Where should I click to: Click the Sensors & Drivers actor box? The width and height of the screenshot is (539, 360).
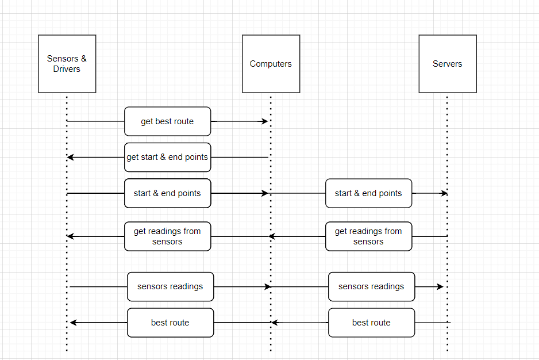[x=67, y=64]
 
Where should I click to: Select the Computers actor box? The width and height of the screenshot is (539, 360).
[x=271, y=64]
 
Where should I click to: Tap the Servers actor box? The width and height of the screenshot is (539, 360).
[x=447, y=64]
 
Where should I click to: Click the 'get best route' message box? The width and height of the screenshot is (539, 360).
[x=167, y=121]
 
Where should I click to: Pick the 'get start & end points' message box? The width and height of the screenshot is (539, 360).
[x=167, y=157]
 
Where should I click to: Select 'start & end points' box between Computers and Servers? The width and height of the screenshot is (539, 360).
[x=368, y=193]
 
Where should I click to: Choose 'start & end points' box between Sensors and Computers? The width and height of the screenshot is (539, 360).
[x=167, y=193]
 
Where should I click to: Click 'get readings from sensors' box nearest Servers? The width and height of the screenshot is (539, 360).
[x=368, y=236]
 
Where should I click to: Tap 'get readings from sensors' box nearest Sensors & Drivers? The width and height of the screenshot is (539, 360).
[x=167, y=236]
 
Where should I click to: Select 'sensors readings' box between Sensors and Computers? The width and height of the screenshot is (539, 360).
[x=170, y=286]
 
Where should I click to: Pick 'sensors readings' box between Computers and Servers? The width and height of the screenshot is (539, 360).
[x=371, y=286]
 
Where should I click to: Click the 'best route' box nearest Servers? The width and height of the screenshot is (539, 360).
[x=371, y=323]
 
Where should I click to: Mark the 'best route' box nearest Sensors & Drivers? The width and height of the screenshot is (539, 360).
[x=170, y=323]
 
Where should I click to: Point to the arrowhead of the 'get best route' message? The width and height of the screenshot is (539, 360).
[x=265, y=121]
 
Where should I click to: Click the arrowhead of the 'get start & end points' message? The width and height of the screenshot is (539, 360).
[x=70, y=157]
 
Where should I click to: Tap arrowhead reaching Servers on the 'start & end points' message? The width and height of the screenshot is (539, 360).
[x=444, y=193]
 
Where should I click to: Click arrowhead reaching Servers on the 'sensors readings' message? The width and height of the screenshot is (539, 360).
[x=441, y=286]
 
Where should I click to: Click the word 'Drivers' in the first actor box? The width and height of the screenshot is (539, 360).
[x=67, y=69]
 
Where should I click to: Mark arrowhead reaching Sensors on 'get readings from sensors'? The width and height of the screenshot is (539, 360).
[x=70, y=236]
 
